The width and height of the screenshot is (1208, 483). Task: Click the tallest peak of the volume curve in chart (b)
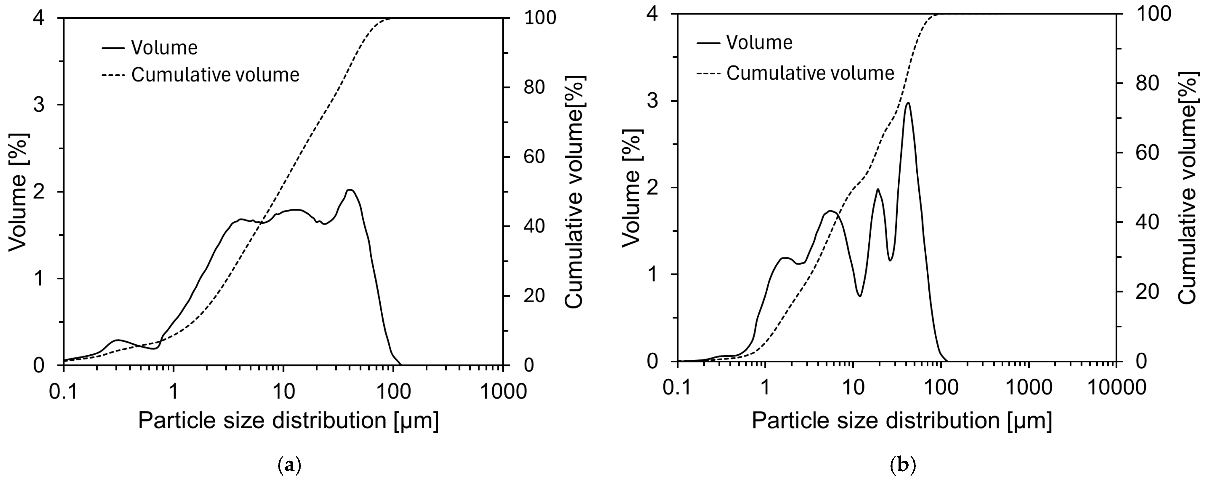(x=908, y=103)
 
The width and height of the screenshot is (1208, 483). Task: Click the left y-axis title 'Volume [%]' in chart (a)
(x=19, y=192)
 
